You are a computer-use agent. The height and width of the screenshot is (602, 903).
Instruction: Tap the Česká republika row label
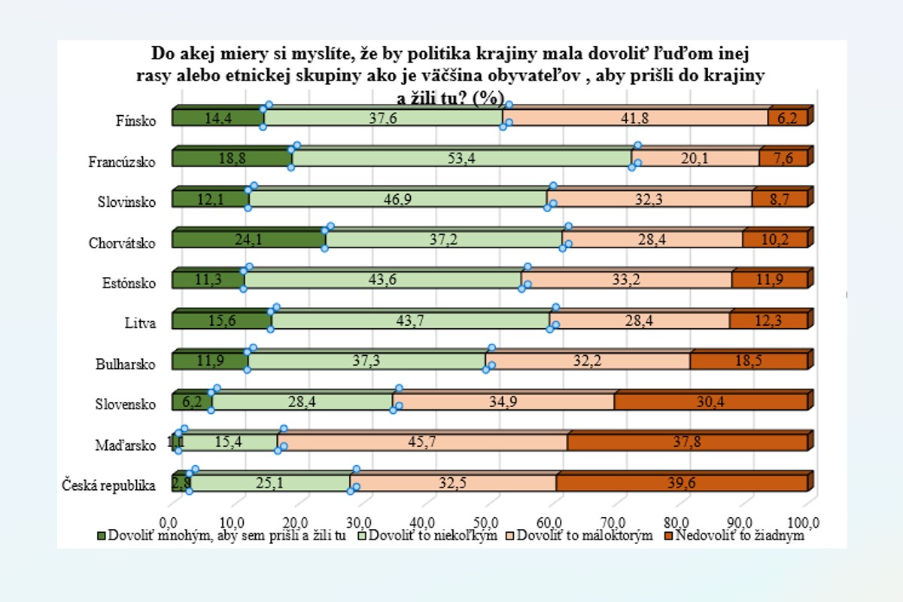[x=110, y=485]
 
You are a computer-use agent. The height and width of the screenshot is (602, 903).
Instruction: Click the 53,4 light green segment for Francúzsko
[x=461, y=158]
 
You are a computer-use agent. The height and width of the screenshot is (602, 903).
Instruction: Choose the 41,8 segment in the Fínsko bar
[x=637, y=117]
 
